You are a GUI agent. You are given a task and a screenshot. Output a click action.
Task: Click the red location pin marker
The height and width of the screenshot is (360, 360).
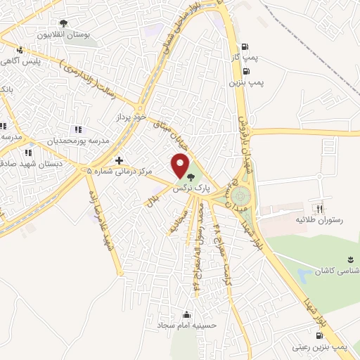coord(181,167)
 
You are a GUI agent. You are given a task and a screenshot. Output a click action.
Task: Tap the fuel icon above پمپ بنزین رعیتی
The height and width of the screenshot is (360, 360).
coord(311,336)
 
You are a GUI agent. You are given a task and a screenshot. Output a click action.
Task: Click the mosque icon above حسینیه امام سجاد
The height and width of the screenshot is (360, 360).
coord(186,314)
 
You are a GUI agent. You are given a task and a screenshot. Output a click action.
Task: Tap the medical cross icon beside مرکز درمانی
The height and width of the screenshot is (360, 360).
coord(120,160)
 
